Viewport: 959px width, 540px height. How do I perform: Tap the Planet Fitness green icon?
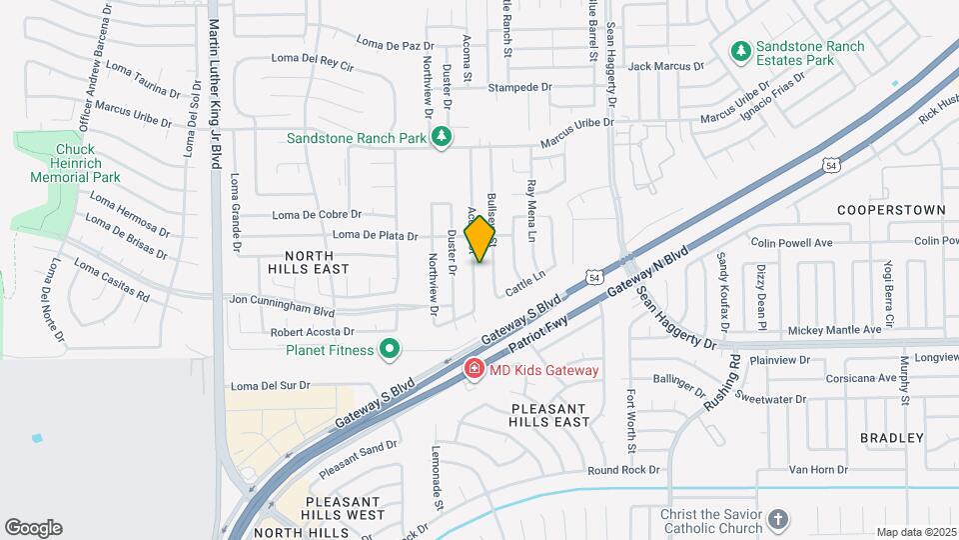391,349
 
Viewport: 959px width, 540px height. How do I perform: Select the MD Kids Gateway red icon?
475,370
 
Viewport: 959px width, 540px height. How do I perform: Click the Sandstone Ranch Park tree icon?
441,137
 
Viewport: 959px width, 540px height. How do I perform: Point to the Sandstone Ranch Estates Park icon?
740,49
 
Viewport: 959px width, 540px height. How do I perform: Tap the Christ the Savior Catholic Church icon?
778,520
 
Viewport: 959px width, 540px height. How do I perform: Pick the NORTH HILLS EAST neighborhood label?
309,261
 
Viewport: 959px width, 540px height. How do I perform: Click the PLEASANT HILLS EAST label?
550,415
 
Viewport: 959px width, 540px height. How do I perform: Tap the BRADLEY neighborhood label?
891,438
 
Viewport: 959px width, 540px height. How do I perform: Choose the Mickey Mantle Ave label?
821,329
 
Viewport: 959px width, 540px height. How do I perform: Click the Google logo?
33,527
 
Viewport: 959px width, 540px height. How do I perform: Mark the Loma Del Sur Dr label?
271,385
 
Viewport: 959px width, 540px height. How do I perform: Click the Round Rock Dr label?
624,470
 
